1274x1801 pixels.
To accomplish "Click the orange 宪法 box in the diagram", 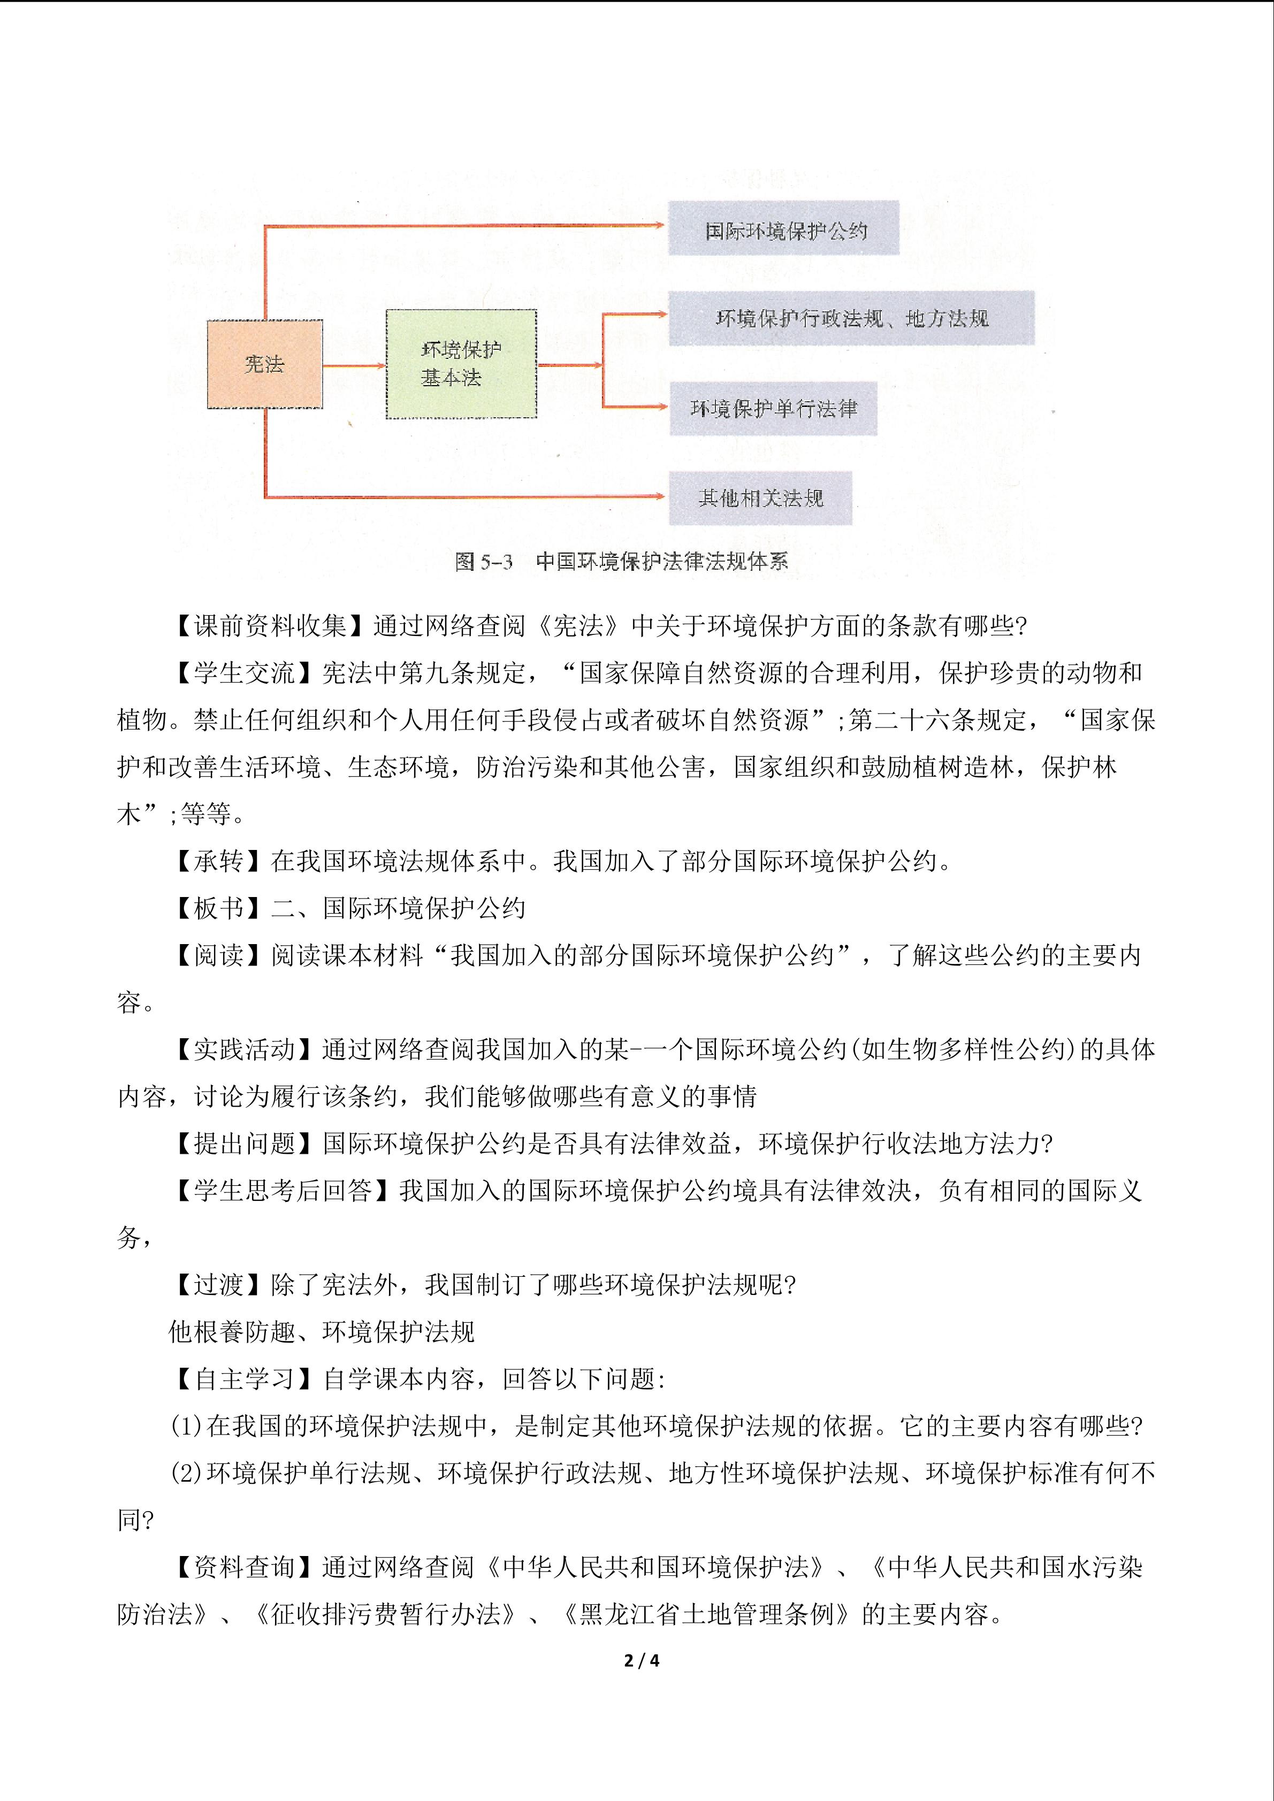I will (x=264, y=364).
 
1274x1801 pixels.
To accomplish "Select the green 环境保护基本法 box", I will (x=461, y=364).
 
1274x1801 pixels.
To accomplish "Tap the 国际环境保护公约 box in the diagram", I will (x=783, y=228).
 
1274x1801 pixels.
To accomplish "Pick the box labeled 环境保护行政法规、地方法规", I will (x=851, y=318).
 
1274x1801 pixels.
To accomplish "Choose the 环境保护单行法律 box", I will (x=773, y=408).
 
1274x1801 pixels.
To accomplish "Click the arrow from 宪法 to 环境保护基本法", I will (x=354, y=365).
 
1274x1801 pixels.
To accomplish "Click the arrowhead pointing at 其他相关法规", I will (x=658, y=496).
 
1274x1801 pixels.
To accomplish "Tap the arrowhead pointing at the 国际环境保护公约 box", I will (x=658, y=225).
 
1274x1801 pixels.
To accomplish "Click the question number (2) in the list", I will (x=187, y=1473).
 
